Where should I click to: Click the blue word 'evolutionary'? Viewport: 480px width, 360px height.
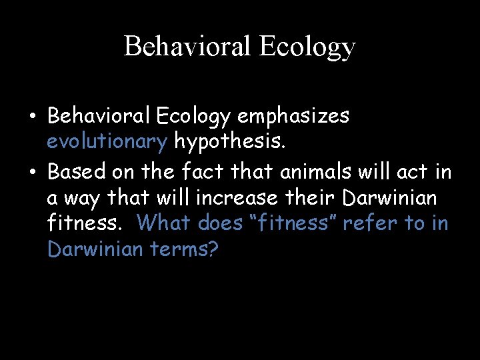point(107,141)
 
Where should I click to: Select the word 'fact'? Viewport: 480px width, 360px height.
point(203,172)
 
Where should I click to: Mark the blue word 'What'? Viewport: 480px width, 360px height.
point(165,223)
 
